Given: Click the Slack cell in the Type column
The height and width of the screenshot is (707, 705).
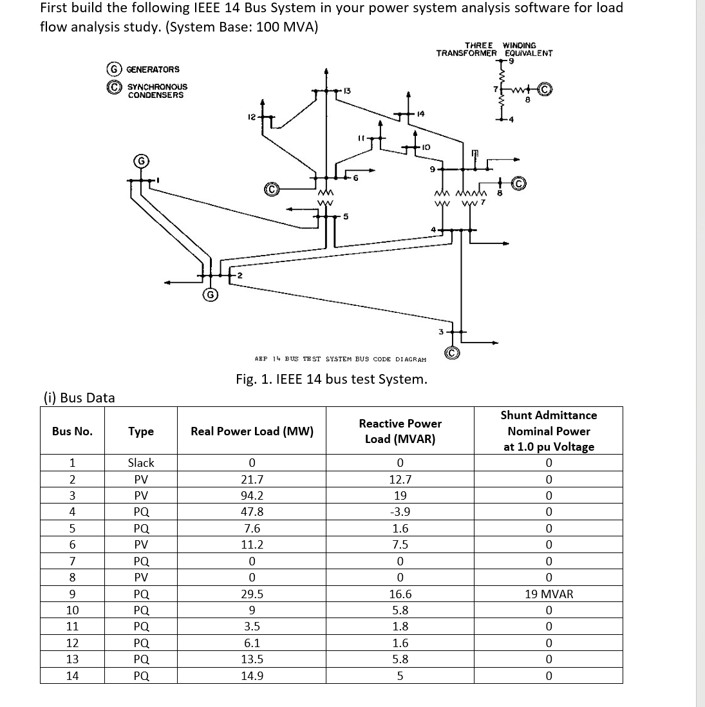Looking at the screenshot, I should coord(140,463).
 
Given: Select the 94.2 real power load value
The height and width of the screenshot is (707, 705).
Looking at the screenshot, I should coord(251,496).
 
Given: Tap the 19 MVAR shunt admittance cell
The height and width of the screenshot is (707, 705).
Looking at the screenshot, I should coord(549,594).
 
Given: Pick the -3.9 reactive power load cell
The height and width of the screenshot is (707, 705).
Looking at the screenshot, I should coord(400,512).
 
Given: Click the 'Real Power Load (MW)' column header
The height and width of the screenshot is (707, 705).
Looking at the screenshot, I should coord(252,431).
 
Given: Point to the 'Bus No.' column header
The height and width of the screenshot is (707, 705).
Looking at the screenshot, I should coord(72,431).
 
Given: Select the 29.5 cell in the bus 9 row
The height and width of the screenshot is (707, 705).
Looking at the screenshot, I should coord(251,594).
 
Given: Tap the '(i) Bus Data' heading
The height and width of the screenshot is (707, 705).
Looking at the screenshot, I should coord(77,398).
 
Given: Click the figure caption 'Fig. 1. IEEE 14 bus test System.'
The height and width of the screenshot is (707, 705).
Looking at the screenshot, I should coord(331,379).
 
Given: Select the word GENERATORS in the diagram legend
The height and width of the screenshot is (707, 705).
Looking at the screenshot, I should coord(153,70).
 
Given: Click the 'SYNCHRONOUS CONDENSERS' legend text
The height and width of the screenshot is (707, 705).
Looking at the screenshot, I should coord(157,91).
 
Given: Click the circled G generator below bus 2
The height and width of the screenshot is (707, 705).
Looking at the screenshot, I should coord(209,296).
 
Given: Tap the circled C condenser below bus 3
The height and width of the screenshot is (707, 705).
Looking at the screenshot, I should coord(453,353).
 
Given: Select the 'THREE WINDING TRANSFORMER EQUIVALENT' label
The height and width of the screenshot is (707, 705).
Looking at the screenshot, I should coord(494,50).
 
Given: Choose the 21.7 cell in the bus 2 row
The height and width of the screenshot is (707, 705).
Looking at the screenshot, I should coord(251,480).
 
